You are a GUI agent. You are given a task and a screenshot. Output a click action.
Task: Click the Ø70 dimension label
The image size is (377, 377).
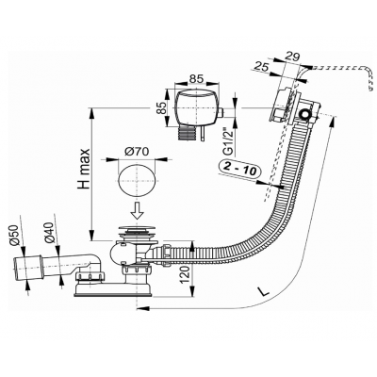pyautogui.click(x=137, y=152)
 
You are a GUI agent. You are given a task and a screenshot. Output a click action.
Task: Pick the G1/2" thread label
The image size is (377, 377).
pyautogui.click(x=229, y=141)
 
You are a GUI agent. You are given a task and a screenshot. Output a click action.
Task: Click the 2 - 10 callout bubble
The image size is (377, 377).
pyautogui.click(x=238, y=168)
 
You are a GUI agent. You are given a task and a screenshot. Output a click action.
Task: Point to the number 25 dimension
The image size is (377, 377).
pyautogui.click(x=261, y=66)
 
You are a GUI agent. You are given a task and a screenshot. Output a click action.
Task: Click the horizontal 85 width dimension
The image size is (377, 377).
pyautogui.click(x=196, y=78)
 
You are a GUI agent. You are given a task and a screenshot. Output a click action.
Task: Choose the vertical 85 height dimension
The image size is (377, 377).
pyautogui.click(x=161, y=108)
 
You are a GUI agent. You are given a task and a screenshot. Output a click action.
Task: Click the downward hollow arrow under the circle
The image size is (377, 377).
pyautogui.click(x=137, y=210)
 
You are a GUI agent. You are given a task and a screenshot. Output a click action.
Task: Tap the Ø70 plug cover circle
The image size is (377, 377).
pyautogui.click(x=137, y=180)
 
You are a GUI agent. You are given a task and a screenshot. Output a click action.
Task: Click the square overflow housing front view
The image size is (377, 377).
pyautogui.click(x=197, y=107)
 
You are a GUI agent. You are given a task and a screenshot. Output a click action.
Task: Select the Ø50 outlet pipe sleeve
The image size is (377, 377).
pyautogui.click(x=27, y=268)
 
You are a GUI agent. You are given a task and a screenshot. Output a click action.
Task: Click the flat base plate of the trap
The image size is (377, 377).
pyautogui.click(x=113, y=289)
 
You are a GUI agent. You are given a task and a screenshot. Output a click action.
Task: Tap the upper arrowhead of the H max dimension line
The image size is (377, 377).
pyautogui.click(x=91, y=112)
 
